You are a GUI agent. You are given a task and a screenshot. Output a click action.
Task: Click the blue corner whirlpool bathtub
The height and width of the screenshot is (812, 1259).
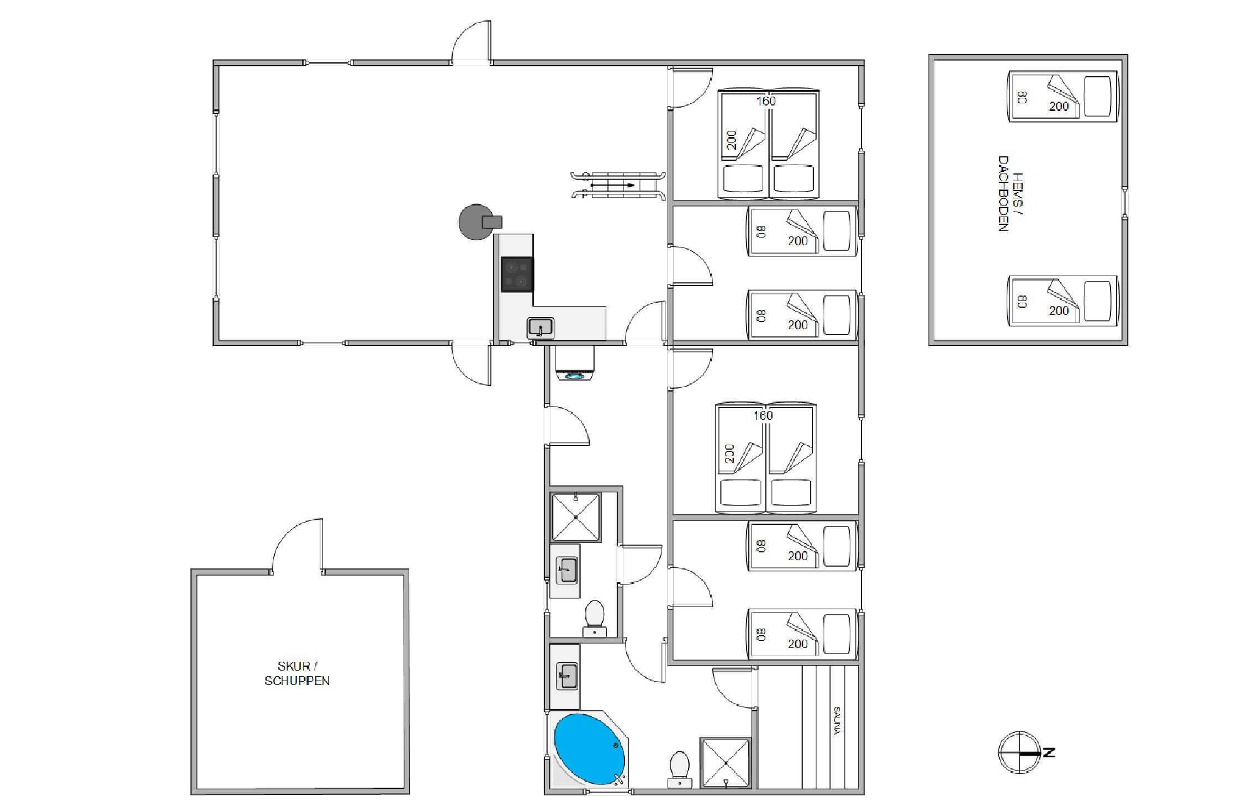pyautogui.click(x=590, y=750)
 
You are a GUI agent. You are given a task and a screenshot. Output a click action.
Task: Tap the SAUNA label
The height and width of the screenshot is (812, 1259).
pyautogui.click(x=837, y=721)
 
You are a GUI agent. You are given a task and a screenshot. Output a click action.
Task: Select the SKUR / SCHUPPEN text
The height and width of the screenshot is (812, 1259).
pyautogui.click(x=297, y=673)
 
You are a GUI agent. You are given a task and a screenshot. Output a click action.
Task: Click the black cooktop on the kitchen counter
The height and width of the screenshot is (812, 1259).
pyautogui.click(x=517, y=274)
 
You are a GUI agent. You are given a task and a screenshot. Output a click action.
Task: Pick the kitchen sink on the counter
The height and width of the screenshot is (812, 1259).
pyautogui.click(x=541, y=328)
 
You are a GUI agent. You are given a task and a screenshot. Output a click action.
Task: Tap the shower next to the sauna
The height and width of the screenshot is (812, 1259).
pyautogui.click(x=726, y=762)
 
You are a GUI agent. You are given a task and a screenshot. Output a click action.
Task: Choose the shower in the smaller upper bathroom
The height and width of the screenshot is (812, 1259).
pyautogui.click(x=576, y=517)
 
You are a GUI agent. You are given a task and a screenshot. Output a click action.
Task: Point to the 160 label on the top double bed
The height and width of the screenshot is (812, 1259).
pyautogui.click(x=766, y=101)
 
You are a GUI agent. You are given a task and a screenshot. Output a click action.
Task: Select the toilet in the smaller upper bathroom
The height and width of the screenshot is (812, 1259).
pyautogui.click(x=595, y=619)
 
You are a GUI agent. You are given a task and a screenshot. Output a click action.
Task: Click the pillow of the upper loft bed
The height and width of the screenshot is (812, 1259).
pyautogui.click(x=1097, y=96)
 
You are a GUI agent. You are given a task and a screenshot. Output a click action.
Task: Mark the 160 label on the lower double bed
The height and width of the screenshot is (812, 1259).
pyautogui.click(x=763, y=415)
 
